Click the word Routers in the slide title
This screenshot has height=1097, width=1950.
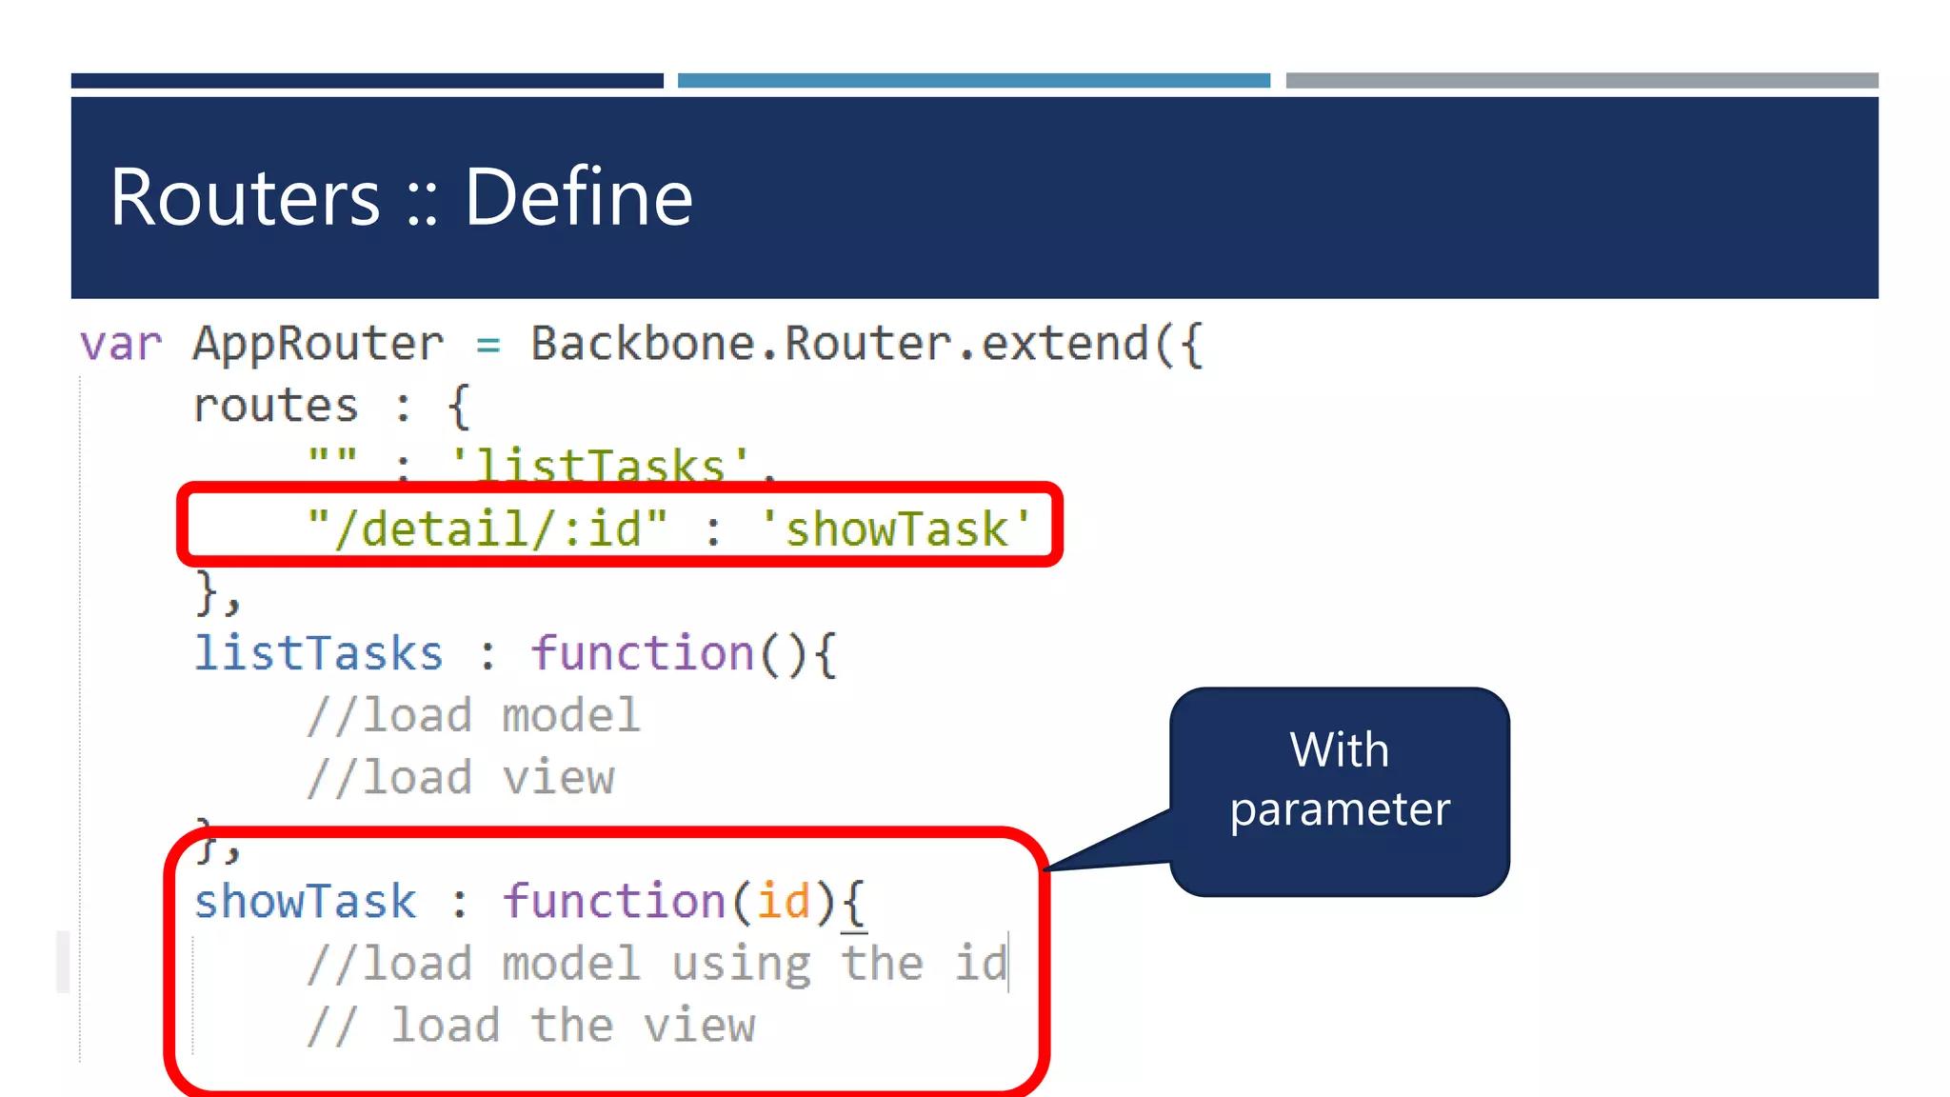click(245, 197)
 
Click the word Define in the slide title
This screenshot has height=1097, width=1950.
click(579, 197)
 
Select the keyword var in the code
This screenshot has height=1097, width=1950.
click(121, 344)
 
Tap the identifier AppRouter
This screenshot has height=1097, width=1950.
click(318, 344)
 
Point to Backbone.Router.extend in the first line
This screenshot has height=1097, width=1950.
click(866, 344)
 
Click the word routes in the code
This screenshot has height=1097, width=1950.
click(275, 406)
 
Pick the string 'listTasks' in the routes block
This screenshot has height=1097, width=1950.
click(600, 465)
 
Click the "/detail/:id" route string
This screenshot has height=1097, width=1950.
click(487, 529)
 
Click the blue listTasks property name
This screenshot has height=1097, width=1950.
click(318, 653)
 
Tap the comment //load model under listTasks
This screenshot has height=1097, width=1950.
click(473, 715)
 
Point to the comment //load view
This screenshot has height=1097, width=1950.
click(461, 778)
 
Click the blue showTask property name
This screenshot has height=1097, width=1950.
click(305, 901)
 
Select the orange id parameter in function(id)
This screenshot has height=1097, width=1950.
click(783, 901)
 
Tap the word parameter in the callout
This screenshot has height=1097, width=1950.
click(1340, 810)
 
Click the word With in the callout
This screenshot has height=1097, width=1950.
click(1339, 750)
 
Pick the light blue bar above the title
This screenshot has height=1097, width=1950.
click(973, 81)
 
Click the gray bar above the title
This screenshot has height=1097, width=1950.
click(1582, 81)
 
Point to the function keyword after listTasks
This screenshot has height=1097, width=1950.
click(643, 653)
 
